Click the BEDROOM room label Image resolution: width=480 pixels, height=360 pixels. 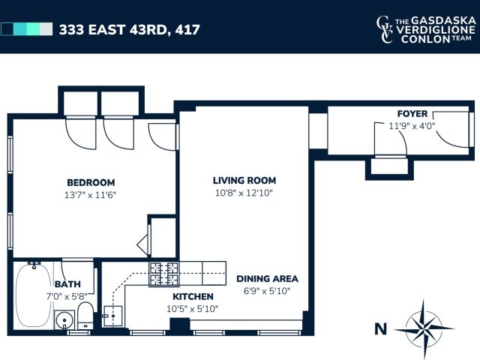pos(91,182)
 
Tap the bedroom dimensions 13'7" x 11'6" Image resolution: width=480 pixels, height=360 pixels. pos(90,195)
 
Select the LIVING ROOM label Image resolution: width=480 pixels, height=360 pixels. pos(244,180)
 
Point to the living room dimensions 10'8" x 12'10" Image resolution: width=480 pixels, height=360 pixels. pos(244,193)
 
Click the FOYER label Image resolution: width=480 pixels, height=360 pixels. pos(412,113)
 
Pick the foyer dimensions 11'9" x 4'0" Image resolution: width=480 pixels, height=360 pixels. pos(412,126)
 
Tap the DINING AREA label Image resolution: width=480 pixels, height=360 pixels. pos(267,278)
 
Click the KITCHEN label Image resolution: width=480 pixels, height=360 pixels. pos(193,296)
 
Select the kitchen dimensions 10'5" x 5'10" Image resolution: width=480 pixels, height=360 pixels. pos(192,308)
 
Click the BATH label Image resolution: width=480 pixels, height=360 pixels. pos(67,284)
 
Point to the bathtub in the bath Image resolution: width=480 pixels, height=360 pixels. pos(34,295)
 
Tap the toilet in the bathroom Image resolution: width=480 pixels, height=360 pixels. pos(85,316)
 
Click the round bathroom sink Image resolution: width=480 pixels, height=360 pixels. pos(64,320)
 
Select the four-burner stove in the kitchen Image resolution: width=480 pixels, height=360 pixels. pos(163,274)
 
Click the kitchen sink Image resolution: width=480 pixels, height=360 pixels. pos(112,316)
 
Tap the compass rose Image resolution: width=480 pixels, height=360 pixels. pos(424,328)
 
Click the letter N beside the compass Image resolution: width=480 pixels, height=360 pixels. pos(380,329)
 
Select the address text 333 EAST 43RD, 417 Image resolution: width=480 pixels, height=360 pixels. pos(130,30)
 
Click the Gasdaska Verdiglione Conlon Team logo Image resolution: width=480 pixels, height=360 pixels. pos(426,29)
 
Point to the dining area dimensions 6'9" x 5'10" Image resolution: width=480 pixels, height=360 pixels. pos(267,291)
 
